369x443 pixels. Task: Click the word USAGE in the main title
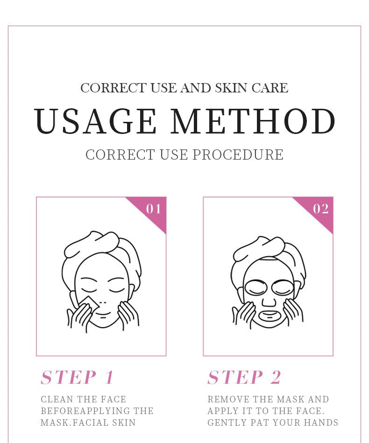pyautogui.click(x=96, y=121)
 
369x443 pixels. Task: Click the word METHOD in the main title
pyautogui.click(x=253, y=121)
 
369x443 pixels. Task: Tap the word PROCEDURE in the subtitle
pyautogui.click(x=238, y=155)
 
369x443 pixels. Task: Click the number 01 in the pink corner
pyautogui.click(x=154, y=209)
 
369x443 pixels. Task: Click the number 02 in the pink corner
pyautogui.click(x=320, y=209)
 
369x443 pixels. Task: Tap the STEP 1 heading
pyautogui.click(x=77, y=377)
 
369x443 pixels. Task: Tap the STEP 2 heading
pyautogui.click(x=244, y=377)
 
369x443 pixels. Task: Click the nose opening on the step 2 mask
pyautogui.click(x=269, y=302)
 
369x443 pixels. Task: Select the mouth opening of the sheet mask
pyautogui.click(x=270, y=315)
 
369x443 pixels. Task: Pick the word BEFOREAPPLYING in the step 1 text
pyautogui.click(x=83, y=411)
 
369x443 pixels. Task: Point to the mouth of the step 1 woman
pyautogui.click(x=102, y=313)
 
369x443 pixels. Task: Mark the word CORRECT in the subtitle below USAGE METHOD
pyautogui.click(x=120, y=155)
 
